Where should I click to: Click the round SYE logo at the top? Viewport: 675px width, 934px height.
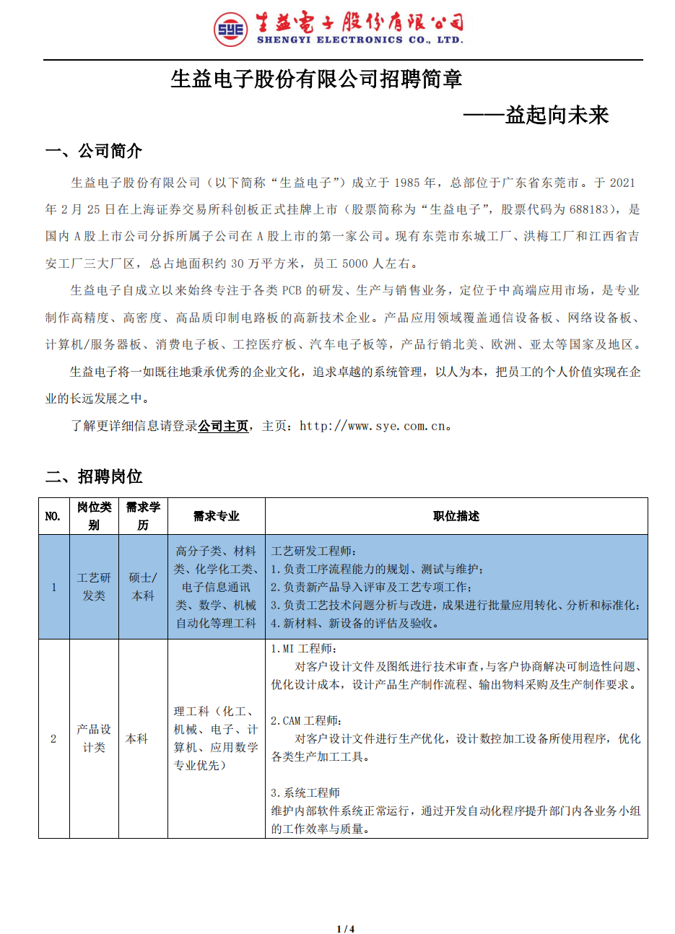(230, 30)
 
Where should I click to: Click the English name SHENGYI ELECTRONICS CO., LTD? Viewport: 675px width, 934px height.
(360, 40)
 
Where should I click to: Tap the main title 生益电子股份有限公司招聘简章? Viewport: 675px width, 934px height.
(316, 79)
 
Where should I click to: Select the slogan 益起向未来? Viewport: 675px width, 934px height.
(557, 115)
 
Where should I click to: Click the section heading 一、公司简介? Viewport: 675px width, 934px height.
(94, 151)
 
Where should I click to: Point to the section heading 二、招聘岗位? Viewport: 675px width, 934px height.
(94, 476)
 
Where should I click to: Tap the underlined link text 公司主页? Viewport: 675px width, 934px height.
(223, 426)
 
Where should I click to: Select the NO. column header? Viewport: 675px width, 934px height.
(53, 516)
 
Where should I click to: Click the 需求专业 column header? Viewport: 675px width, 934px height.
(216, 516)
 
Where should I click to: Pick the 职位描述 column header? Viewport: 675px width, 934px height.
(456, 516)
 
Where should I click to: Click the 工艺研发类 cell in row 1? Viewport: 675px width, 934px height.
(94, 587)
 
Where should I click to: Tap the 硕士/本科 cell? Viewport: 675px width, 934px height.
(143, 587)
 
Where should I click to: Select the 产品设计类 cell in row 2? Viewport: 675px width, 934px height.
(94, 738)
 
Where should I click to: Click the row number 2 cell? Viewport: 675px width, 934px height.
(53, 738)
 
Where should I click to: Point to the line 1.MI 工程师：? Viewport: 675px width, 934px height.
(303, 649)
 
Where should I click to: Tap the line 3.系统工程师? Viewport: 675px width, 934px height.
(305, 793)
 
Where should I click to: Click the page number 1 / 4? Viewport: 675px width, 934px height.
(346, 929)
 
